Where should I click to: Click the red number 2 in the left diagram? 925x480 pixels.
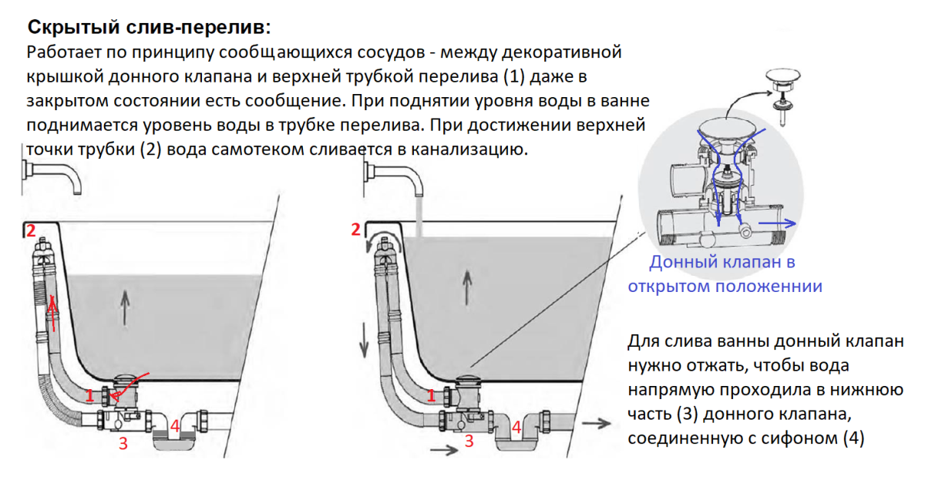[x=30, y=230]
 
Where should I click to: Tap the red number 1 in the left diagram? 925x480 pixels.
[x=90, y=396]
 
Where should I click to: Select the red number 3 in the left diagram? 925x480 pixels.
[x=122, y=443]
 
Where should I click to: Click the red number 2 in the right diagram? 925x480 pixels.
[x=355, y=229]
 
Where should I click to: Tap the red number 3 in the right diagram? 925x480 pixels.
[x=469, y=442]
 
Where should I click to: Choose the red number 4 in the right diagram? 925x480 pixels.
[x=517, y=426]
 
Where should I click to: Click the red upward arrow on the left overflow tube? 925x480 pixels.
[x=52, y=311]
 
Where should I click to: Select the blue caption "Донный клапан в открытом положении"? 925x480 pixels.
[x=724, y=274]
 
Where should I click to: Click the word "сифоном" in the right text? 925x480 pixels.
[x=813, y=440]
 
